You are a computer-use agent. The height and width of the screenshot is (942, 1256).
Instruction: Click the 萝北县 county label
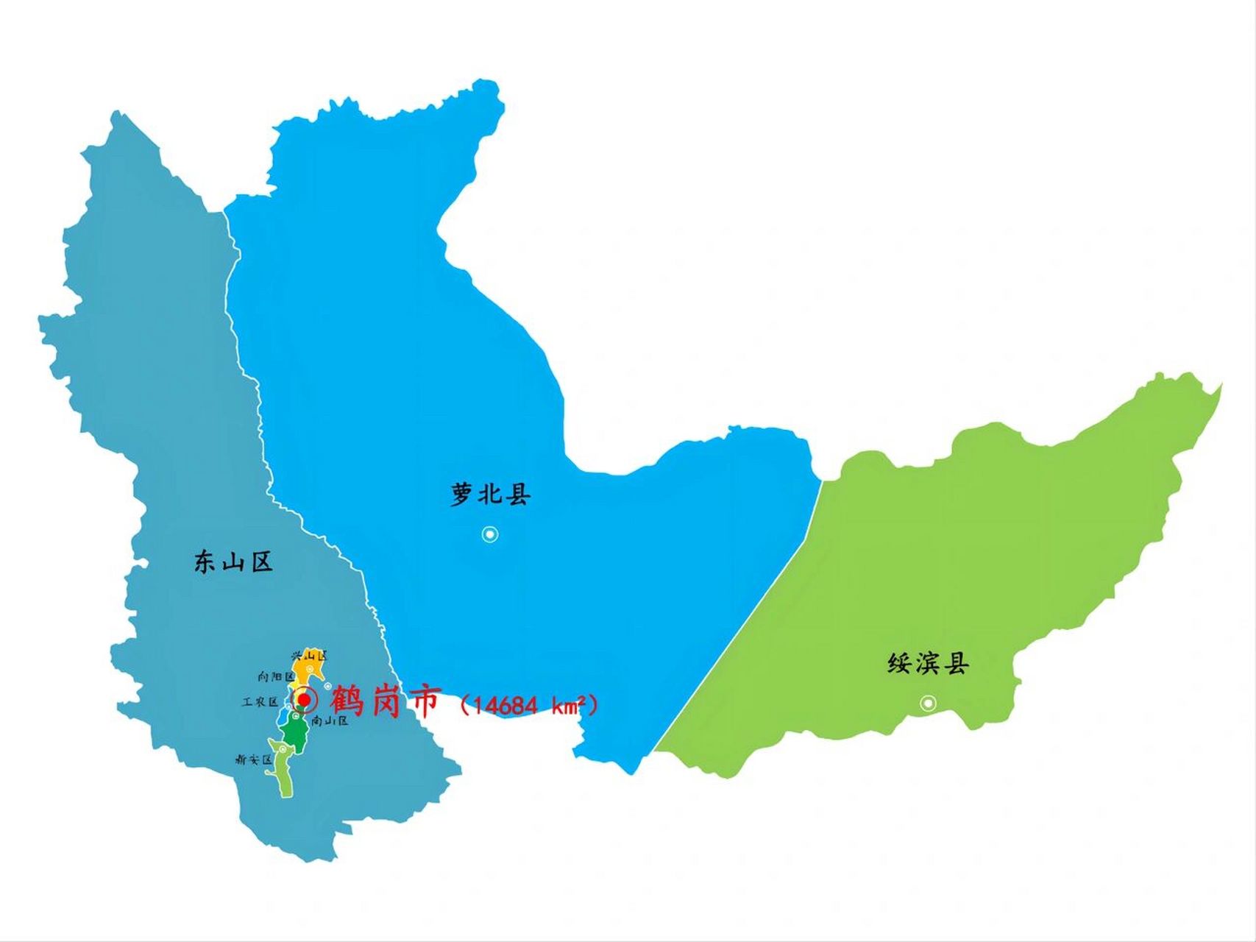coord(490,494)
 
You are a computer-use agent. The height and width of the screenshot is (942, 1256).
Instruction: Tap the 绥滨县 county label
coord(928,664)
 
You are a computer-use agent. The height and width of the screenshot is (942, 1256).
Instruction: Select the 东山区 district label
coord(233,562)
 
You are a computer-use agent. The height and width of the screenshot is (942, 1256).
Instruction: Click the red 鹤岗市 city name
coord(384,700)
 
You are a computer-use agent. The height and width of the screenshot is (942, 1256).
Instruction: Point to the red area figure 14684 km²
coord(528,705)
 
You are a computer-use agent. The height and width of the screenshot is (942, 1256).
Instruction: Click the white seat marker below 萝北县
coord(490,534)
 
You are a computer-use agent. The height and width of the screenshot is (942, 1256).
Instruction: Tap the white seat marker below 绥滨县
coord(929,704)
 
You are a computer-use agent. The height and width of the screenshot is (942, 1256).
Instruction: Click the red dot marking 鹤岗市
coord(304,698)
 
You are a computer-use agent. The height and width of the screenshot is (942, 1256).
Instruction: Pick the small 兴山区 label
coord(309,655)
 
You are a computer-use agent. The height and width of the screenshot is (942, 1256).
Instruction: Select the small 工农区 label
coord(260,702)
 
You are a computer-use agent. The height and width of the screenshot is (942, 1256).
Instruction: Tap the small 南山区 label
coord(330,721)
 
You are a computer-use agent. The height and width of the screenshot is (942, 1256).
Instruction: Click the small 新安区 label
coord(253,759)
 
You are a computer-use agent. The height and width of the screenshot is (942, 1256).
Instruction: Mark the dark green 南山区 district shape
coord(295,731)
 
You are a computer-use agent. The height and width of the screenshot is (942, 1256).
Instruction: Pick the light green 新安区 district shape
coord(284,773)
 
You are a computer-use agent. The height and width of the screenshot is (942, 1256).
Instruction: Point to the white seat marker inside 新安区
coord(283,749)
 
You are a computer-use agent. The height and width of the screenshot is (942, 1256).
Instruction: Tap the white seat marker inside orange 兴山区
coord(311,668)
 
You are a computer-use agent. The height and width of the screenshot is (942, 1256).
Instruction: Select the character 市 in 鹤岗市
coord(424,700)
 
